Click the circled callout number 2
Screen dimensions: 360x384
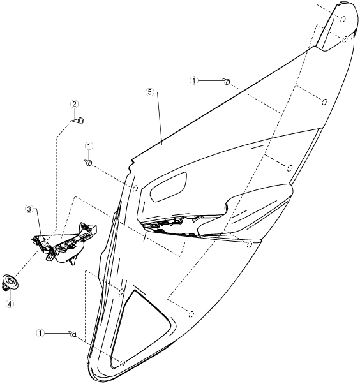[74, 105]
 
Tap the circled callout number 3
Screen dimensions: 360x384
[29, 209]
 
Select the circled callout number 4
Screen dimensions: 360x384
[10, 304]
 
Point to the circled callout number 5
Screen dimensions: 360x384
[150, 92]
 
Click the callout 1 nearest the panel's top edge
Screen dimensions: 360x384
[194, 80]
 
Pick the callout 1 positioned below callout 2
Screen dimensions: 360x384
[89, 146]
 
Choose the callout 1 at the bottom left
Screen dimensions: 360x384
[40, 333]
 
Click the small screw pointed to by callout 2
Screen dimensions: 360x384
[80, 121]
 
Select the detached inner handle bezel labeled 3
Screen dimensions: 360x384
[64, 242]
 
